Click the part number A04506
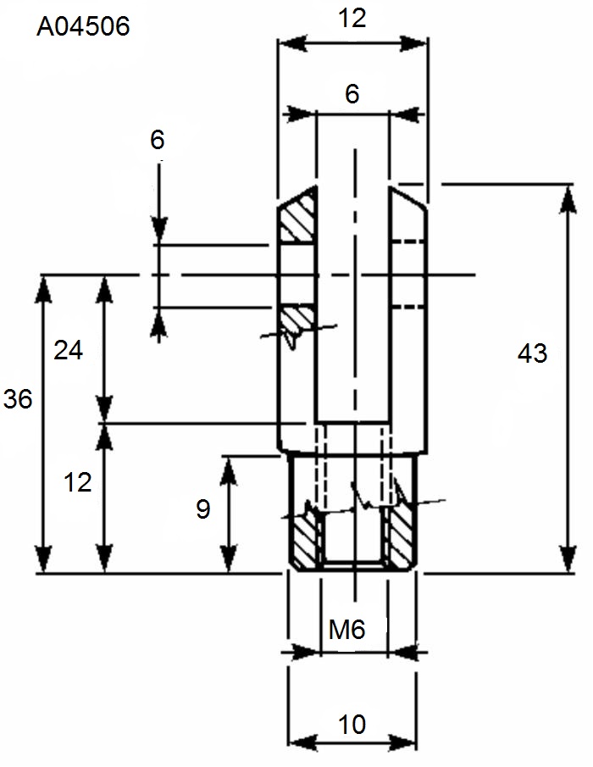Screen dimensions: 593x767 tap(83, 26)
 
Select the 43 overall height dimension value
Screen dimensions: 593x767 tap(532, 353)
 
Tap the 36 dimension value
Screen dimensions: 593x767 tap(18, 398)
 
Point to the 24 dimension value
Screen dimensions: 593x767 tap(69, 350)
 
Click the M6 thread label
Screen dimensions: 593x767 tap(346, 630)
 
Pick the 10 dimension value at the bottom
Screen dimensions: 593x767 tap(352, 725)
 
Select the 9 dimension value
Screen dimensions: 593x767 tap(203, 509)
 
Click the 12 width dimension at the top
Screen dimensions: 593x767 tap(352, 19)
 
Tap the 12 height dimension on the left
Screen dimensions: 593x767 tap(78, 482)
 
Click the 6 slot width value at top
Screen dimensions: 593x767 tap(352, 94)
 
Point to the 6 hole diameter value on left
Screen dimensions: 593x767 tap(158, 140)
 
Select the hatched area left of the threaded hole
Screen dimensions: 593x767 tap(306, 540)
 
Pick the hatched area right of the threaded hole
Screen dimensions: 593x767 tap(401, 540)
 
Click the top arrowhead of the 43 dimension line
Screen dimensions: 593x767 tap(568, 199)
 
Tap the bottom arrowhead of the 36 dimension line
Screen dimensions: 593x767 tap(44, 559)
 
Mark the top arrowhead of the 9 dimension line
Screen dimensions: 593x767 tap(229, 470)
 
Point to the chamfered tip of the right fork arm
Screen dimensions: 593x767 tap(407, 197)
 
